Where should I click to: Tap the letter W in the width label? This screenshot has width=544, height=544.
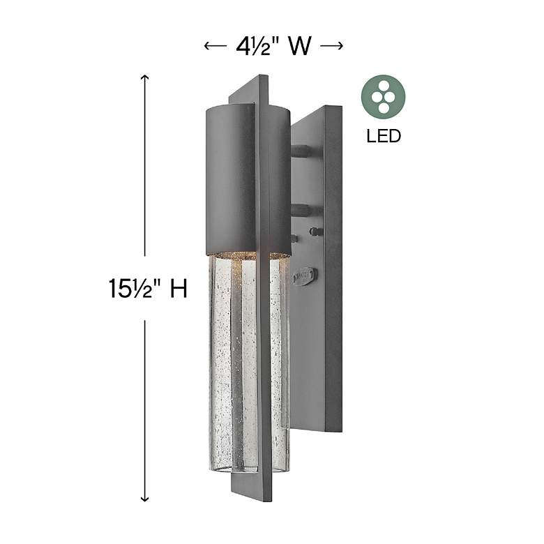(x=300, y=47)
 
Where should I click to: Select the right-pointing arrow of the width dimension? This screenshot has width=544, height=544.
(x=336, y=47)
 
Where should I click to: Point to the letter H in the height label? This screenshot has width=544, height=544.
(x=179, y=288)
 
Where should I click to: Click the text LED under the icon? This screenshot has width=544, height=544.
(x=384, y=135)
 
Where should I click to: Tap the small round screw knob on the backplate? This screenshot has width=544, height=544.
(x=315, y=231)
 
